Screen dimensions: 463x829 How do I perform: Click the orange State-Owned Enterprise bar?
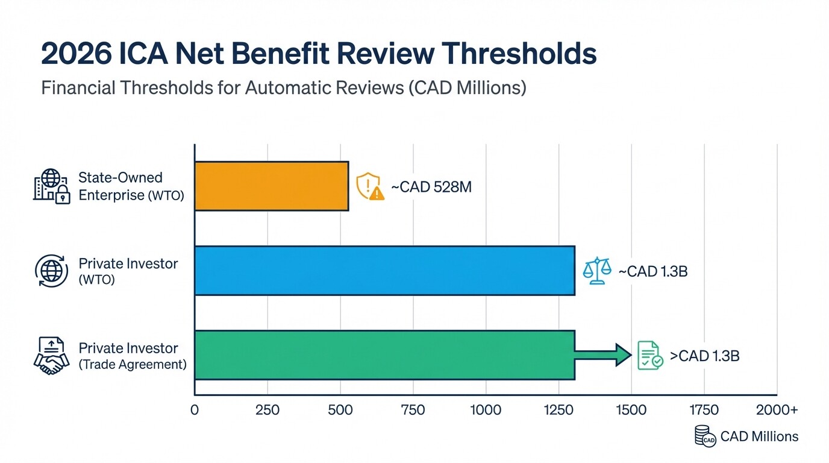[x=271, y=186]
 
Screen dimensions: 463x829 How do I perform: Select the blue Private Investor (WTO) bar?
[x=384, y=270]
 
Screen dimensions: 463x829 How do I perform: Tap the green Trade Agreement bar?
[x=384, y=354]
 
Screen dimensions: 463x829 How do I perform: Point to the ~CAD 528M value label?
[x=431, y=187]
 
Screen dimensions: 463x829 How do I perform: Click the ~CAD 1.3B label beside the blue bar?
[x=653, y=271]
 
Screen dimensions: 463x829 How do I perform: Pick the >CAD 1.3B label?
[x=704, y=356]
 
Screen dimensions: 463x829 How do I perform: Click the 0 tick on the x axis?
[x=194, y=411]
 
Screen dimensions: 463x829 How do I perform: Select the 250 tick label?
[x=267, y=411]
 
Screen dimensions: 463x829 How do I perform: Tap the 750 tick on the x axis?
[x=413, y=411]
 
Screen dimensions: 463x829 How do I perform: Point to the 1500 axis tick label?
[x=631, y=411]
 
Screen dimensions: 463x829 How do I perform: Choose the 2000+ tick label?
[x=777, y=411]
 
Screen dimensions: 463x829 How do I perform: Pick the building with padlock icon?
[x=51, y=186]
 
